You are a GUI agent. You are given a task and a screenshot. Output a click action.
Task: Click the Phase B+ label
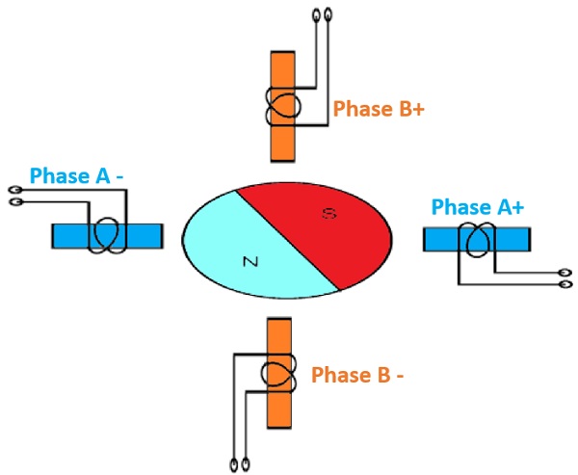(379, 108)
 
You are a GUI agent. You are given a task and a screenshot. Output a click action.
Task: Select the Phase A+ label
(478, 206)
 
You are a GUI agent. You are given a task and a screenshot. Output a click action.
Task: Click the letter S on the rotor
(328, 217)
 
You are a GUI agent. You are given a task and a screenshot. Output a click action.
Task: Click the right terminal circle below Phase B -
(248, 462)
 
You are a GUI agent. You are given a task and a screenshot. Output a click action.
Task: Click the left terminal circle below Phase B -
(235, 462)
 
